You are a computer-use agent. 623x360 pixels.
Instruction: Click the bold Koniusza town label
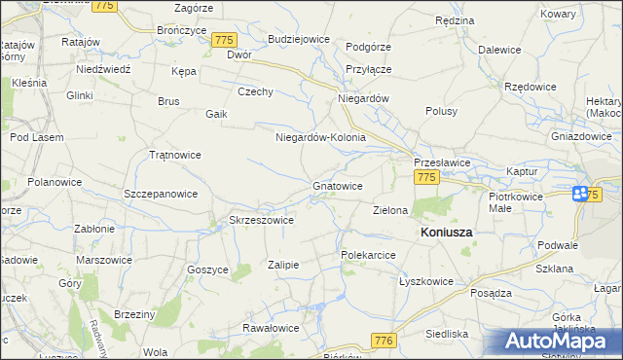446,234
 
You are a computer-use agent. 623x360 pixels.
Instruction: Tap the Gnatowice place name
338,185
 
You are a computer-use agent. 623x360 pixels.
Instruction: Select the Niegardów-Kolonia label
320,137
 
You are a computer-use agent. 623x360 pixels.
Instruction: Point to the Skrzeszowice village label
261,220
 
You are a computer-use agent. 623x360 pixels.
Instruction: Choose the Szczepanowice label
162,194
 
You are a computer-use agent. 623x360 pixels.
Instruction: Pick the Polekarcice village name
367,255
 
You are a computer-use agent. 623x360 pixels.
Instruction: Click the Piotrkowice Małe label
513,201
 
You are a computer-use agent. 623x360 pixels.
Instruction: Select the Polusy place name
441,111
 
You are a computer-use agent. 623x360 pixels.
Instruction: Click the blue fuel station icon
580,194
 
